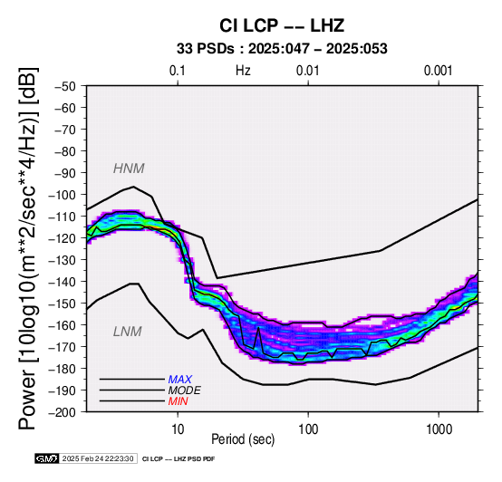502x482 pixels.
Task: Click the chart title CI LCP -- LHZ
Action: tap(282, 25)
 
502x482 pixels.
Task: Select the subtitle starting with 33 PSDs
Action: tap(282, 49)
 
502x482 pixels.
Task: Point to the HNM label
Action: tap(129, 169)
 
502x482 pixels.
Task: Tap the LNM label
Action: tap(128, 332)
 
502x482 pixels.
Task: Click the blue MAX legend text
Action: tap(180, 380)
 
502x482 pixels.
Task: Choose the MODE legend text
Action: tap(185, 390)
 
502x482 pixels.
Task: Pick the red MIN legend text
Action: tap(178, 401)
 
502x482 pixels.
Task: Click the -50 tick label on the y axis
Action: tap(65, 86)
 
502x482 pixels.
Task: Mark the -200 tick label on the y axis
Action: tap(63, 412)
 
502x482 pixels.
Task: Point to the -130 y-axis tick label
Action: tap(63, 260)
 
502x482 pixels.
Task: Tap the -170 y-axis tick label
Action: tap(63, 347)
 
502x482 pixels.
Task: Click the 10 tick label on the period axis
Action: tap(178, 429)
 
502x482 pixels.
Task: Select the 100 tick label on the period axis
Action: tap(308, 429)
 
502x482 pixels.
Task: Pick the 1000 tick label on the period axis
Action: tap(439, 429)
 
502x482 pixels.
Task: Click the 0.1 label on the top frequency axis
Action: tap(178, 71)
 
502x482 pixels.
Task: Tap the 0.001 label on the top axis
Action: tap(438, 71)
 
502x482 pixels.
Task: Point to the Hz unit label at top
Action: tap(243, 71)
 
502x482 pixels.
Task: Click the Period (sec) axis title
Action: tap(243, 439)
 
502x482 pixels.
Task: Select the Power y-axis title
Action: tap(27, 248)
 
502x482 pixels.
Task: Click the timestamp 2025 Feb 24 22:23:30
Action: tap(98, 458)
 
